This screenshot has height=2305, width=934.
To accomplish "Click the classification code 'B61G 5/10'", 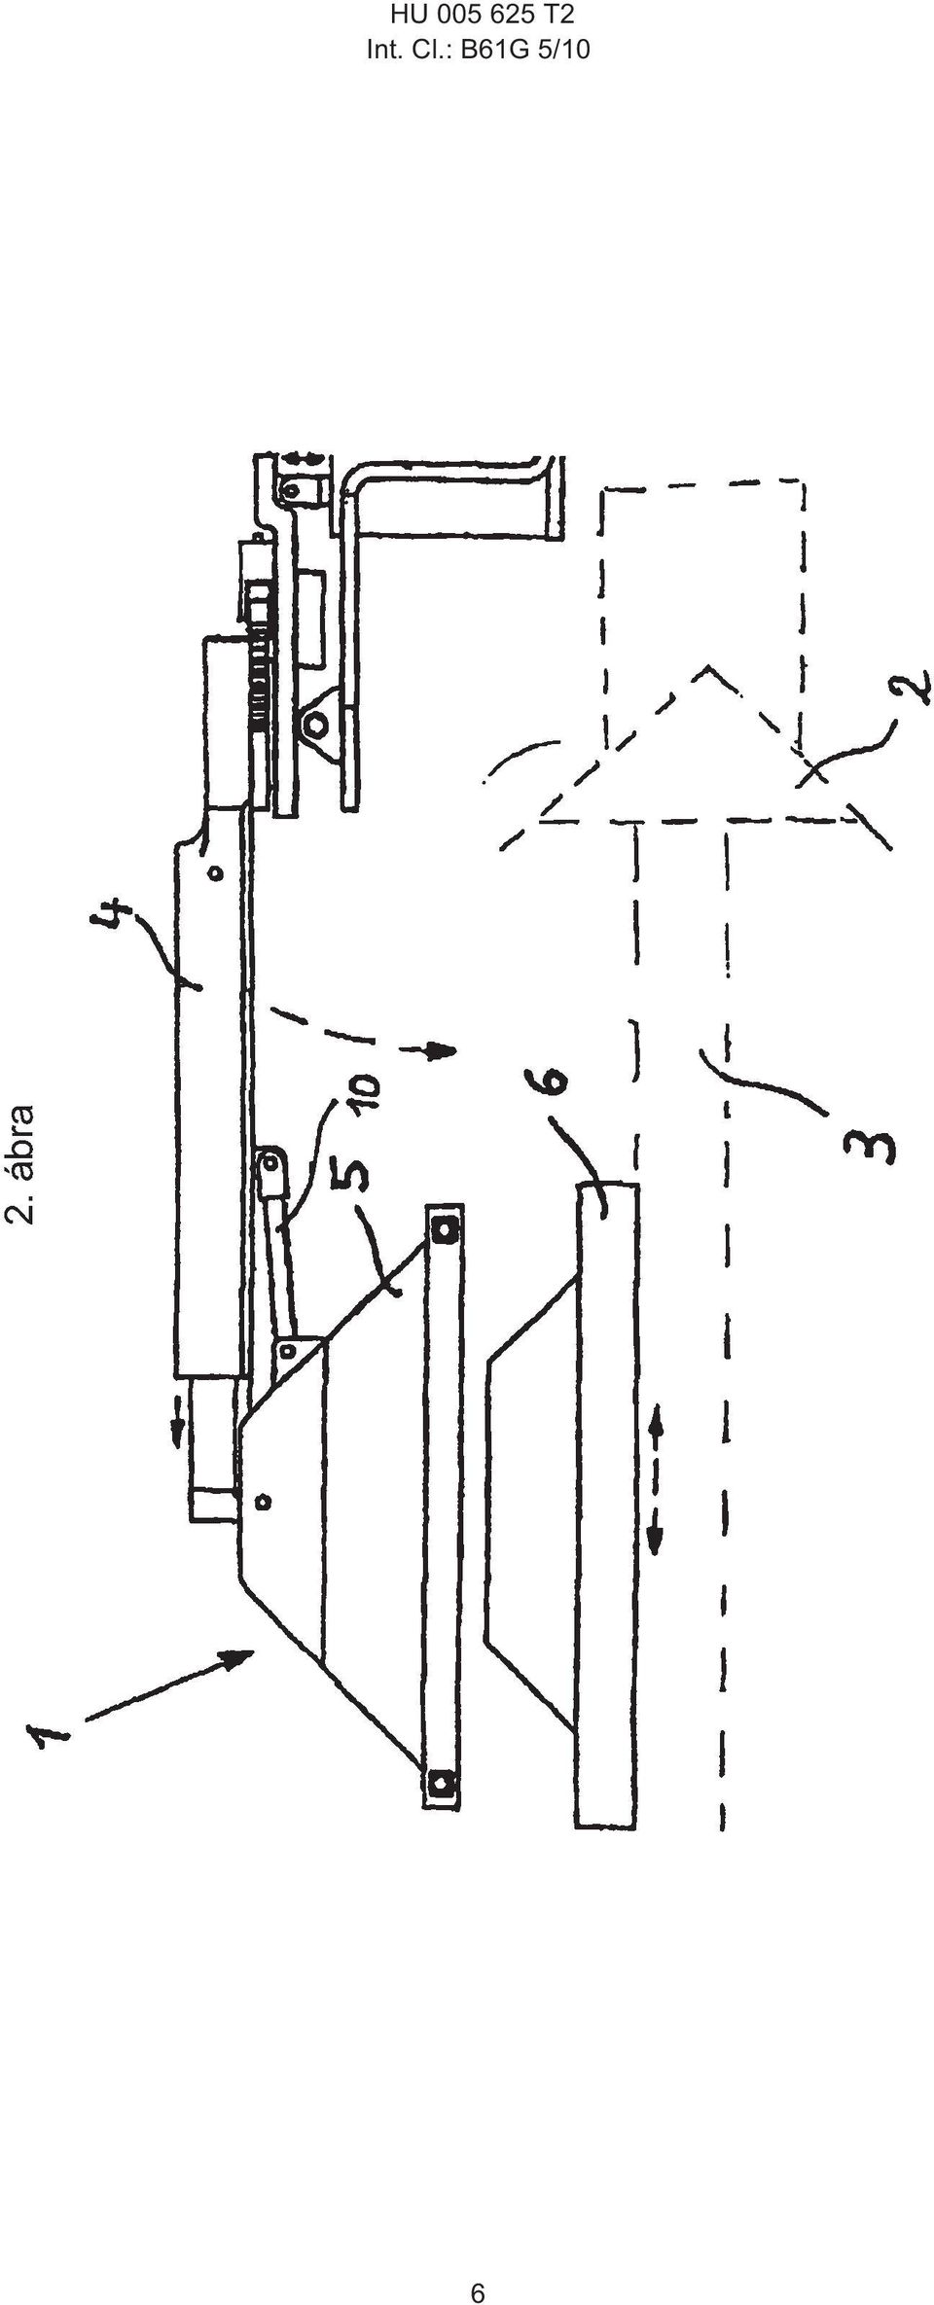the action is pyautogui.click(x=524, y=50).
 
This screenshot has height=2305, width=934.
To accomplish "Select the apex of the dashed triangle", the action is pyautogui.click(x=704, y=667).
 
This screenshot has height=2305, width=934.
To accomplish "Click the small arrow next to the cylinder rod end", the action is pyautogui.click(x=177, y=1431).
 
